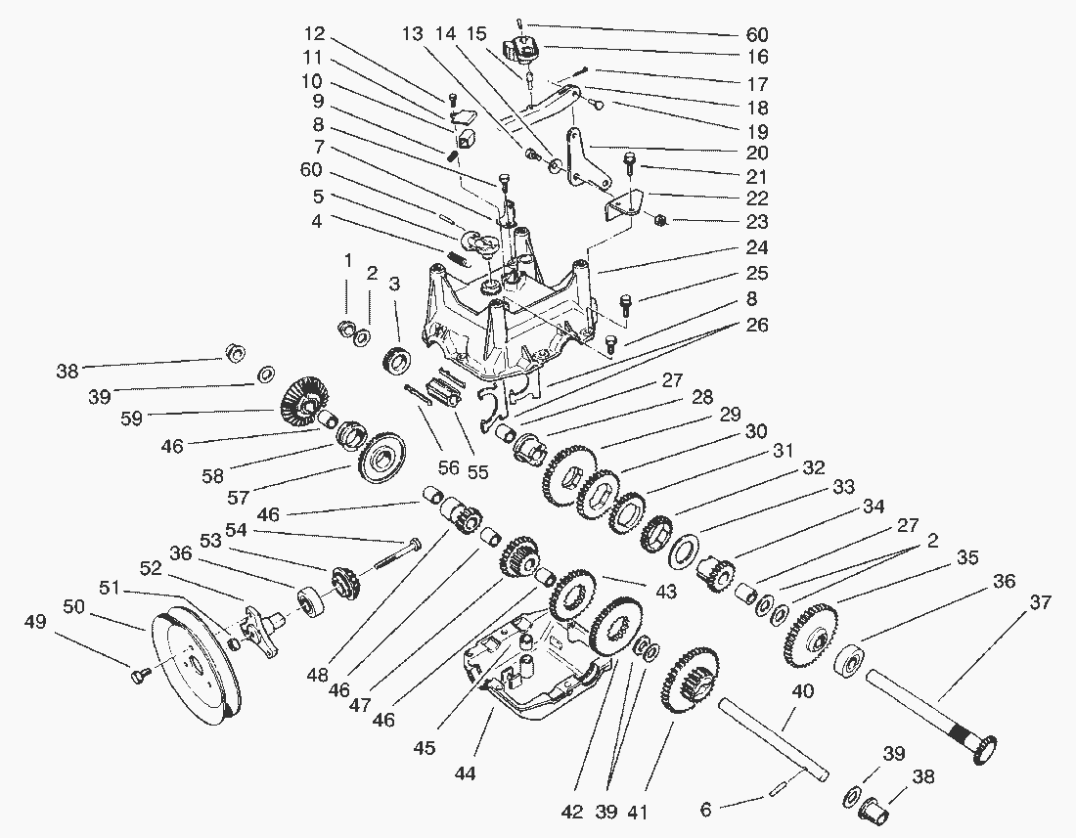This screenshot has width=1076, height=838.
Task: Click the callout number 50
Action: tap(74, 607)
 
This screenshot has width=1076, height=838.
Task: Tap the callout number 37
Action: tap(1041, 602)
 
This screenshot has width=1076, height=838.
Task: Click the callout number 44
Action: tap(466, 773)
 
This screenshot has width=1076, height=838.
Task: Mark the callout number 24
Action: tap(757, 246)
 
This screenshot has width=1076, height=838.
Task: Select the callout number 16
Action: tap(757, 57)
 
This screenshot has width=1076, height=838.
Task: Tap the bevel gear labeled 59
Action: tap(302, 401)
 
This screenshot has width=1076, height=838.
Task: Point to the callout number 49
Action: tap(35, 622)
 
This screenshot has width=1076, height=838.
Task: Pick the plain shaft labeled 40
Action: tap(773, 739)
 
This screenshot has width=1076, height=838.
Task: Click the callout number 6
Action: tap(705, 810)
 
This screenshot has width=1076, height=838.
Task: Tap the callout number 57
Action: tap(238, 497)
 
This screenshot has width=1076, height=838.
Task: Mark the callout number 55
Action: tap(477, 471)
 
